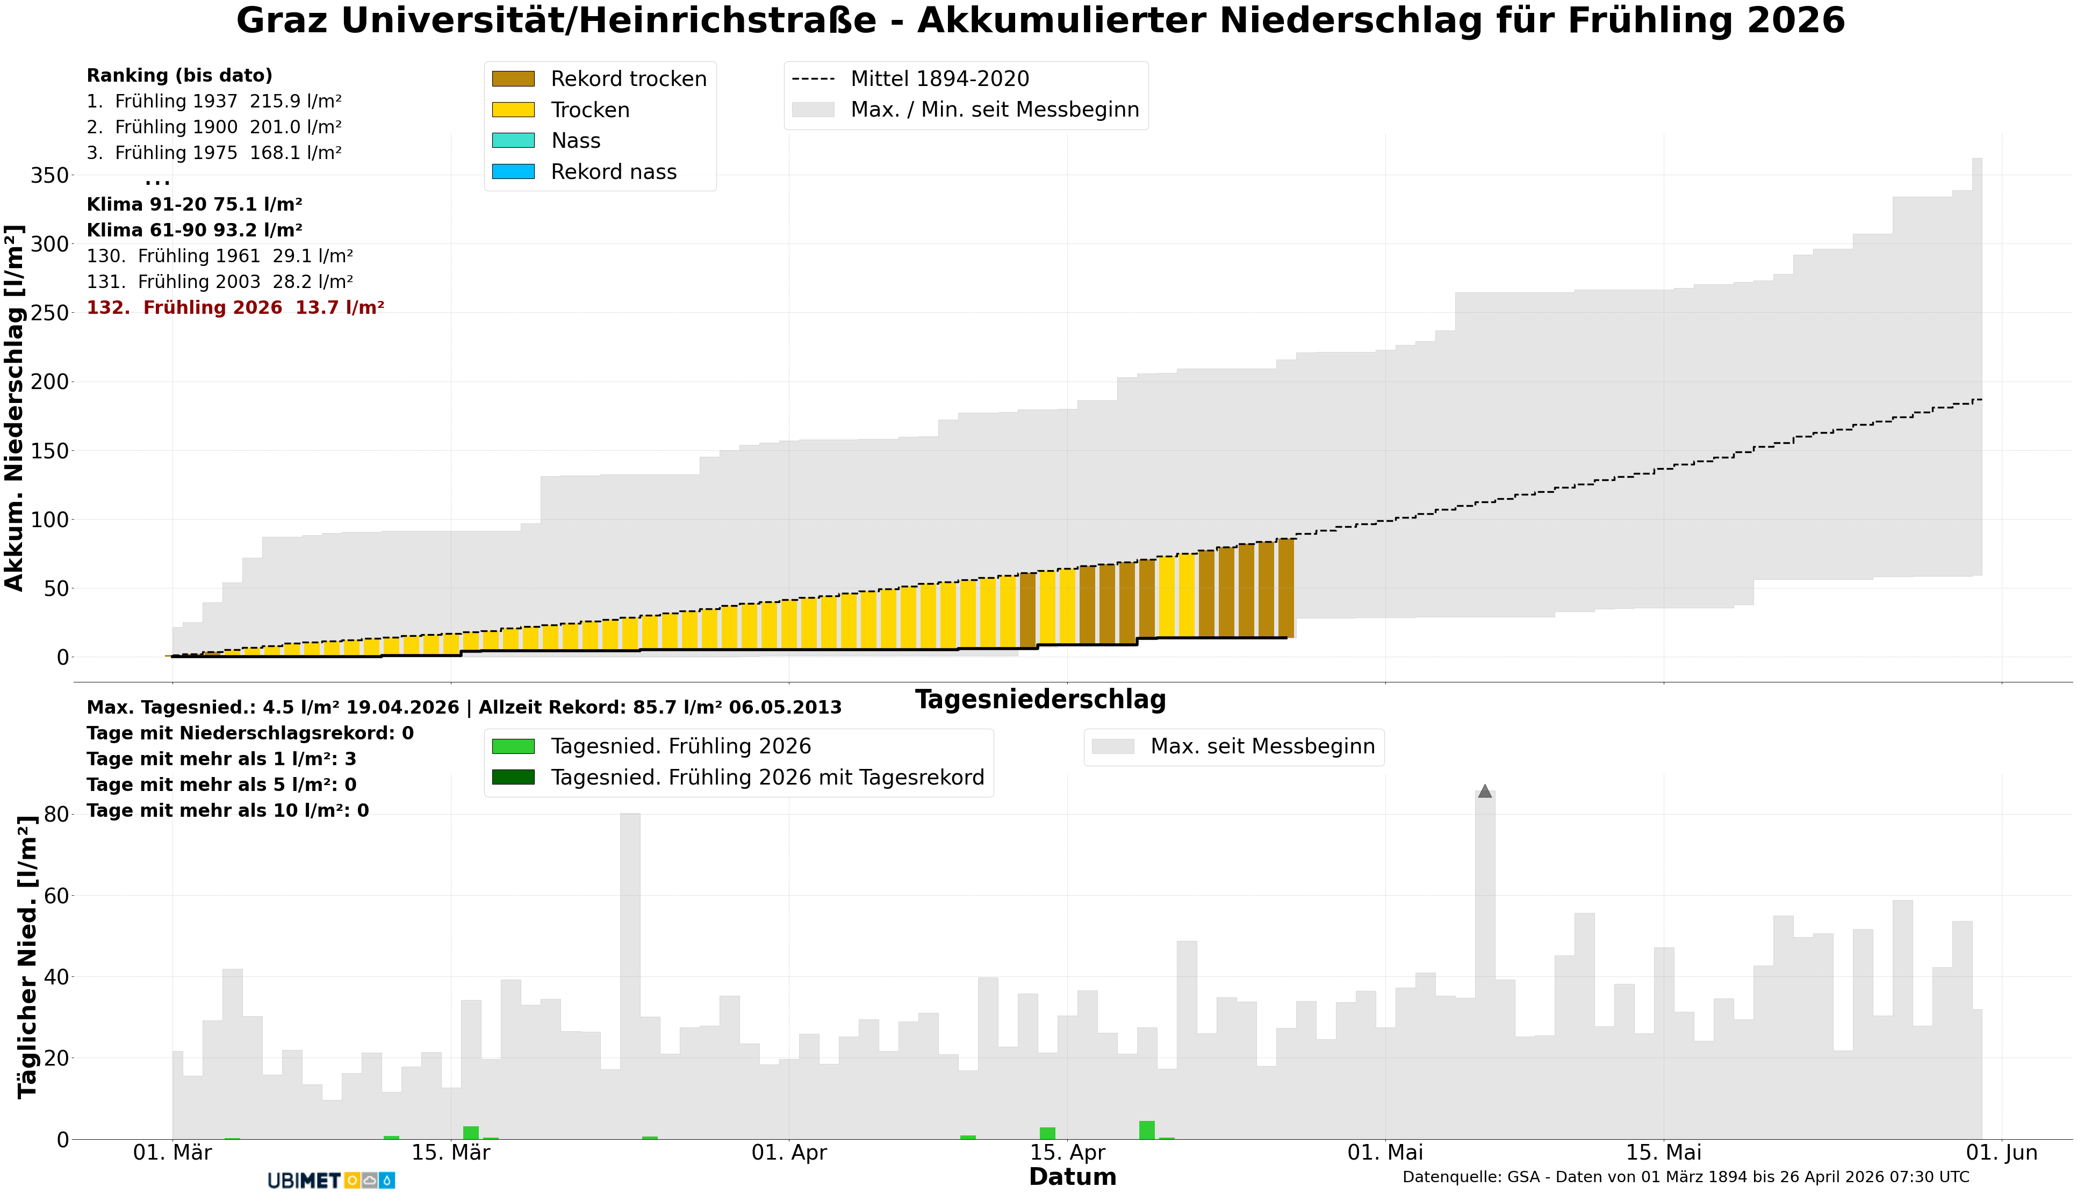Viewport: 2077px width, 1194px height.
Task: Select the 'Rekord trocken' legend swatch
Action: tap(513, 79)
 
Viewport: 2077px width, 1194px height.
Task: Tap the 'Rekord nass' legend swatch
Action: tap(513, 172)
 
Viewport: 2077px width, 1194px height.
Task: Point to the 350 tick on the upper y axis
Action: tap(49, 176)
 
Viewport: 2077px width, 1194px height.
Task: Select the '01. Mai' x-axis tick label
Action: tap(1385, 1153)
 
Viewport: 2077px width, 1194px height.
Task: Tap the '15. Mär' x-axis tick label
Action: tap(450, 1153)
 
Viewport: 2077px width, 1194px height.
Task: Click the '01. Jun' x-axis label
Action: tap(2002, 1153)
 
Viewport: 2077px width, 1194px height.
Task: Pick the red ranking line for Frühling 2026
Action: tap(235, 307)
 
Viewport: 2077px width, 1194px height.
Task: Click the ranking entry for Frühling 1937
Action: tap(214, 101)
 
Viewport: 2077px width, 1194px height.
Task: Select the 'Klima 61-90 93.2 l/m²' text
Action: tap(195, 231)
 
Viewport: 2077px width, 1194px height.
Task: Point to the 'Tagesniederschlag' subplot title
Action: tap(1040, 700)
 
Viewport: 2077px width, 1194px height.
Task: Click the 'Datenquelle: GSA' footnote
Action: tap(1685, 1177)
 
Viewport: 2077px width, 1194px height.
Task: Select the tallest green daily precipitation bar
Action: tap(1146, 1130)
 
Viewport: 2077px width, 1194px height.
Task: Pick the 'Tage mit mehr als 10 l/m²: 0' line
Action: tap(227, 811)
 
